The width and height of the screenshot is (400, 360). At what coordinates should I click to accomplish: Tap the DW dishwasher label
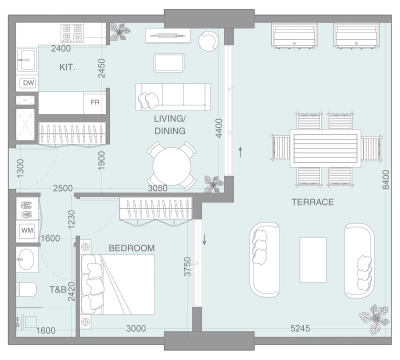tap(28, 83)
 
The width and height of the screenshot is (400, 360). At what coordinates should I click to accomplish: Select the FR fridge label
tap(94, 103)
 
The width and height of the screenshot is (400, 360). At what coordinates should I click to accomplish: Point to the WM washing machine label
tap(27, 230)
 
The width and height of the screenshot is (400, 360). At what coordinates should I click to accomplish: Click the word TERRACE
tap(312, 202)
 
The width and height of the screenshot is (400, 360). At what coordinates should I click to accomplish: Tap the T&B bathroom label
tap(58, 291)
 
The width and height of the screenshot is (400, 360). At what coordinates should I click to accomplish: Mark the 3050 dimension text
tap(157, 188)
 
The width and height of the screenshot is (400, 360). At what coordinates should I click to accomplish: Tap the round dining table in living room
tap(173, 163)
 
